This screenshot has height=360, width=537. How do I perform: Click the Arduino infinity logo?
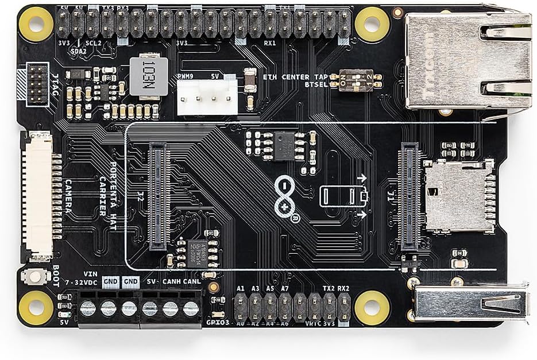click(287, 196)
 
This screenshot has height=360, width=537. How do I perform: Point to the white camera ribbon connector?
click(37, 195)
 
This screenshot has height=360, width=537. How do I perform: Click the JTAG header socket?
click(38, 84)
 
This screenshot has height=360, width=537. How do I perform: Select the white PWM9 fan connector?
click(207, 95)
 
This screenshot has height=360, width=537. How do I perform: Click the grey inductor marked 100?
click(149, 76)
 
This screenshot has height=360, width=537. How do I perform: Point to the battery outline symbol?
click(343, 196)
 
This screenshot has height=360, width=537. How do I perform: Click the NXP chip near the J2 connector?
click(199, 253)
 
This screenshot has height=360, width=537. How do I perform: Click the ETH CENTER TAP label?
click(295, 76)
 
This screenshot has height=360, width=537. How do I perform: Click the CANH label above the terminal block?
click(172, 282)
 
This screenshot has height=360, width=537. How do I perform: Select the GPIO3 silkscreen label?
click(218, 323)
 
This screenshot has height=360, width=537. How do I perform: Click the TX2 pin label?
click(328, 288)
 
